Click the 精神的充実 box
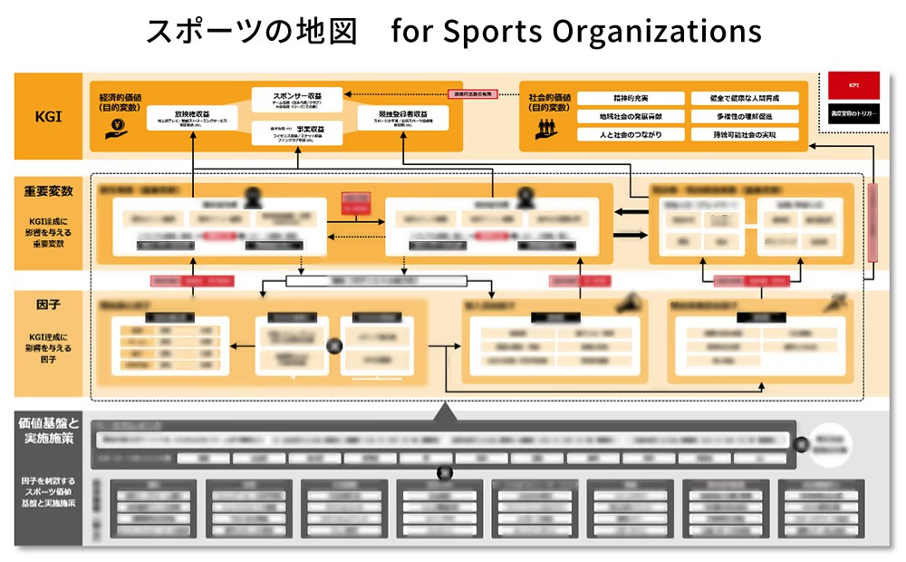[x=617, y=98]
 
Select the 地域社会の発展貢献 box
[x=617, y=116]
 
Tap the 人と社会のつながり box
[x=617, y=134]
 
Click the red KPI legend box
[x=853, y=85]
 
